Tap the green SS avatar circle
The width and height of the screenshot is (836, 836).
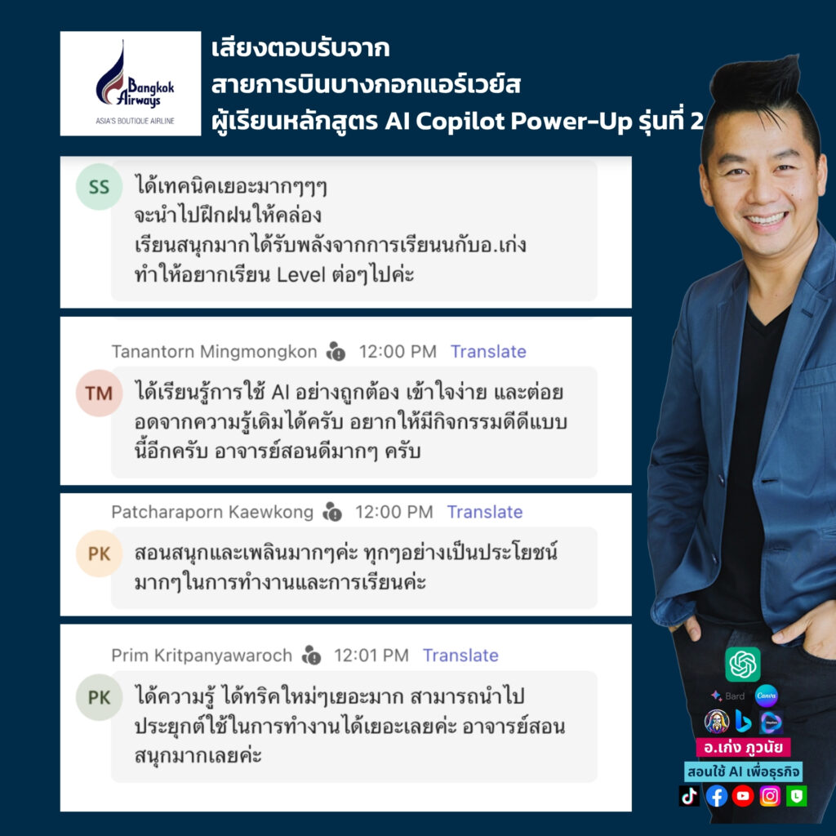(x=99, y=187)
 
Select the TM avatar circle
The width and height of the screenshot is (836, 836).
(x=99, y=393)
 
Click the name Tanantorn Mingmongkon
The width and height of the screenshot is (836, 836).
(x=215, y=352)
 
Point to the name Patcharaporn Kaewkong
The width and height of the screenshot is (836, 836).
(x=212, y=512)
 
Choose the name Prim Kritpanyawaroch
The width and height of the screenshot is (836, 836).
(x=202, y=656)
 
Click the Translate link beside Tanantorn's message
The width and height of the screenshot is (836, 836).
(x=488, y=352)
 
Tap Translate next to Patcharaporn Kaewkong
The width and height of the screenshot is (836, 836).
(x=485, y=512)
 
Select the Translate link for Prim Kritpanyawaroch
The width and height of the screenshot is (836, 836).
(x=460, y=656)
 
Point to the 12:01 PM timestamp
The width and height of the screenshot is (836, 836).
(x=371, y=656)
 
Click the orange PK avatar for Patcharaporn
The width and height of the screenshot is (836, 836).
(x=99, y=554)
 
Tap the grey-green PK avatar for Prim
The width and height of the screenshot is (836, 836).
(x=99, y=697)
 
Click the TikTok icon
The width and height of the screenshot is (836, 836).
(x=689, y=796)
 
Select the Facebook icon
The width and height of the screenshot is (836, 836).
(x=717, y=796)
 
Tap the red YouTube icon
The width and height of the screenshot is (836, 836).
(x=743, y=796)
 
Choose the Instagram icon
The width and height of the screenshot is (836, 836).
(x=770, y=796)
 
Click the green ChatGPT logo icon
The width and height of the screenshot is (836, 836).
(x=743, y=665)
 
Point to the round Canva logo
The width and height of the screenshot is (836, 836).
(x=766, y=696)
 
